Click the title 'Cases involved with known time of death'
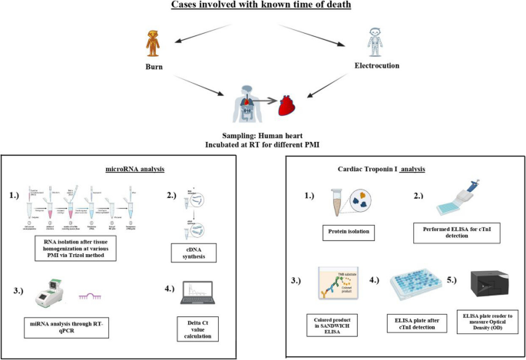pos(263,8)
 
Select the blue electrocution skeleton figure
pos(372,41)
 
